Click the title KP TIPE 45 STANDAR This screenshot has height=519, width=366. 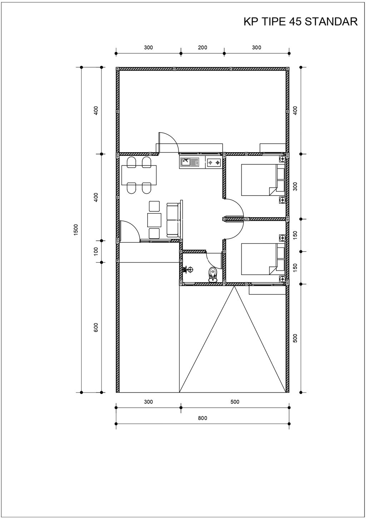(x=301, y=22)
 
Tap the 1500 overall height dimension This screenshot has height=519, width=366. (x=76, y=229)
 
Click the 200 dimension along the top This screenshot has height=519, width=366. (x=203, y=48)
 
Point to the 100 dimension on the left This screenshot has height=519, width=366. (x=96, y=251)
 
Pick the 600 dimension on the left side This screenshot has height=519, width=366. (x=96, y=327)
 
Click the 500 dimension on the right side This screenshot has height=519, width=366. (x=295, y=338)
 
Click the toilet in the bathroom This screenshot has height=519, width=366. (x=213, y=275)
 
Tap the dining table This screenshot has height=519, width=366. (x=139, y=175)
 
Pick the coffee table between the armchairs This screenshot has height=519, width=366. (x=154, y=220)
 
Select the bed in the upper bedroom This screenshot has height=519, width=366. (x=263, y=180)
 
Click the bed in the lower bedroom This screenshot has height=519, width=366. (x=263, y=259)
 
